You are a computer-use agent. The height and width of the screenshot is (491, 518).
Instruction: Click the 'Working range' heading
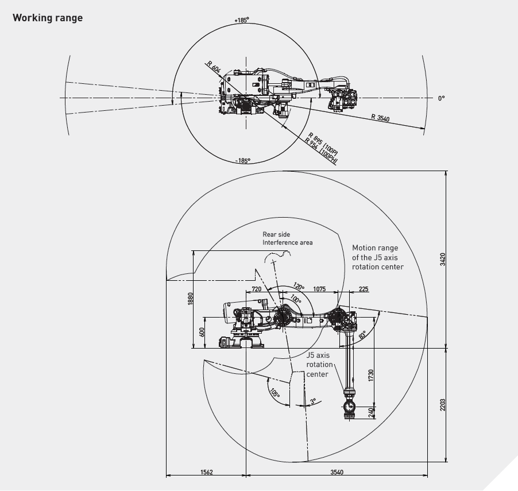coord(48,18)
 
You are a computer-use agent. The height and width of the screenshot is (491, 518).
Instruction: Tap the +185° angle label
coord(241,20)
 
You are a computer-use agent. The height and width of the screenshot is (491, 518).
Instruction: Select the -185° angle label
coord(243,161)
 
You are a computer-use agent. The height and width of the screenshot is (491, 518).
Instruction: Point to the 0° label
coord(441,98)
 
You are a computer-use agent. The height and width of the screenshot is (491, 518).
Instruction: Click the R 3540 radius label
coord(380,118)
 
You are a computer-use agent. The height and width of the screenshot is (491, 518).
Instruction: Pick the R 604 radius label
coord(214,68)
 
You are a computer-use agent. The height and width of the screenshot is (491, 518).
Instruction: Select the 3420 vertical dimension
coord(443,260)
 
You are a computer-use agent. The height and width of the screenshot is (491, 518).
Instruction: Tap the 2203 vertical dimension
coord(443,405)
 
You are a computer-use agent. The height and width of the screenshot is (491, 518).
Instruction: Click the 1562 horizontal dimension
coord(207,472)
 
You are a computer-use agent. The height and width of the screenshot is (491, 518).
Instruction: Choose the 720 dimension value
coord(256,289)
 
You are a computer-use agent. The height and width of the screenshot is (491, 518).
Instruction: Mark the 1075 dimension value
coord(319,289)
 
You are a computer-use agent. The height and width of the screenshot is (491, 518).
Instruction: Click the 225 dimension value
coord(363,289)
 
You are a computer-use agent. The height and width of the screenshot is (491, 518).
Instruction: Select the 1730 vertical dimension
coord(371,376)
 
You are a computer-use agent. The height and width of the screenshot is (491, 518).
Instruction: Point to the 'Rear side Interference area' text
coord(288,238)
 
